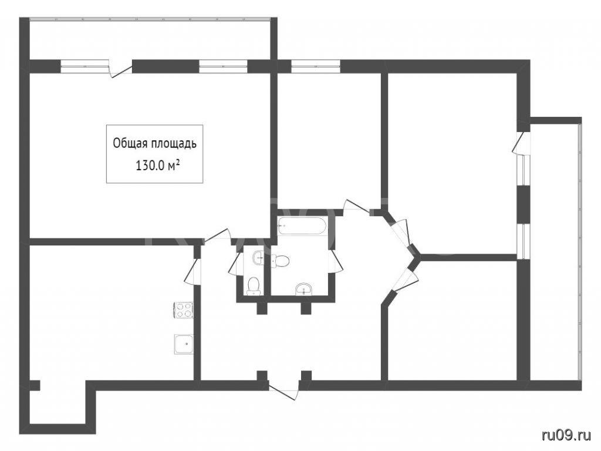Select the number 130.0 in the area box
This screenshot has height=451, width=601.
150,166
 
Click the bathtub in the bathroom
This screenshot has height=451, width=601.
302,225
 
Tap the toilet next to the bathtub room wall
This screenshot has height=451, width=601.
281,261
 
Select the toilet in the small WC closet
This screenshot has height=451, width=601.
254,286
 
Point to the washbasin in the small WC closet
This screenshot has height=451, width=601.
258,258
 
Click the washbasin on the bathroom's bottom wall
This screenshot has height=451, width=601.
305,290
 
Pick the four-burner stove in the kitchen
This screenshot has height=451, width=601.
184,310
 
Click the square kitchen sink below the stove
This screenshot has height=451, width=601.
184,344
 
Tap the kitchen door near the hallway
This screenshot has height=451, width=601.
193,271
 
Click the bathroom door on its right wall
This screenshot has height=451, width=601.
336,261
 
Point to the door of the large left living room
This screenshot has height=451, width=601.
217,236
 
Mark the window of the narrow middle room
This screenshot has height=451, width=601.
315,66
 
